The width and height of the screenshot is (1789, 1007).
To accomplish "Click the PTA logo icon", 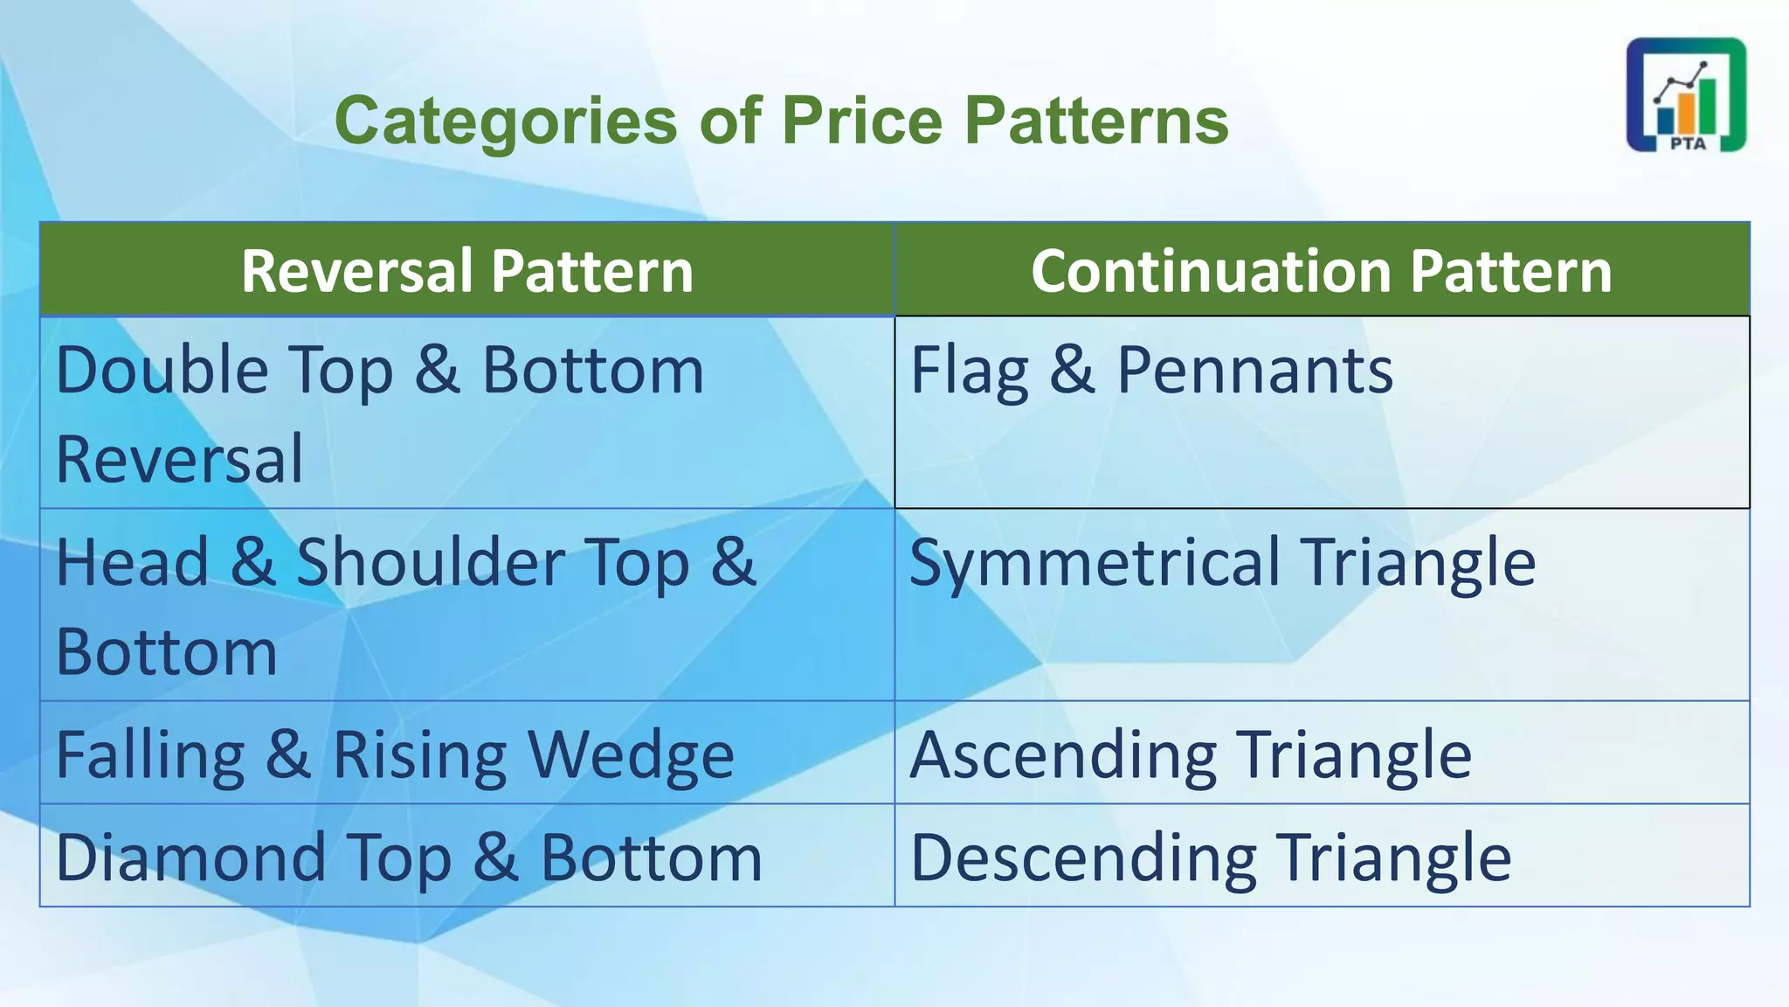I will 1685,94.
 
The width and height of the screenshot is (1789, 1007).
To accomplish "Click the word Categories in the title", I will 506,121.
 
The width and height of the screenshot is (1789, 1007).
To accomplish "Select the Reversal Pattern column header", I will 467,270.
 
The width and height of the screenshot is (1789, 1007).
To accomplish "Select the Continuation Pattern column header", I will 1321,270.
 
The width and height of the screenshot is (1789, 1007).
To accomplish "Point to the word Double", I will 162,371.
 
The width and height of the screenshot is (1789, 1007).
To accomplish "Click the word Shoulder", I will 430,562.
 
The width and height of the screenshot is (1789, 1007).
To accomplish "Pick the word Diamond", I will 190,858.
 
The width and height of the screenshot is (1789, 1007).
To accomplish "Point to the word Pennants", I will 1254,371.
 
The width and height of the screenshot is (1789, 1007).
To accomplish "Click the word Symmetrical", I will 1095,562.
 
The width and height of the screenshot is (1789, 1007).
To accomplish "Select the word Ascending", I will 1063,754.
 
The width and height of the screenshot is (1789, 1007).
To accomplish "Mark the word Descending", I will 1083,858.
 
